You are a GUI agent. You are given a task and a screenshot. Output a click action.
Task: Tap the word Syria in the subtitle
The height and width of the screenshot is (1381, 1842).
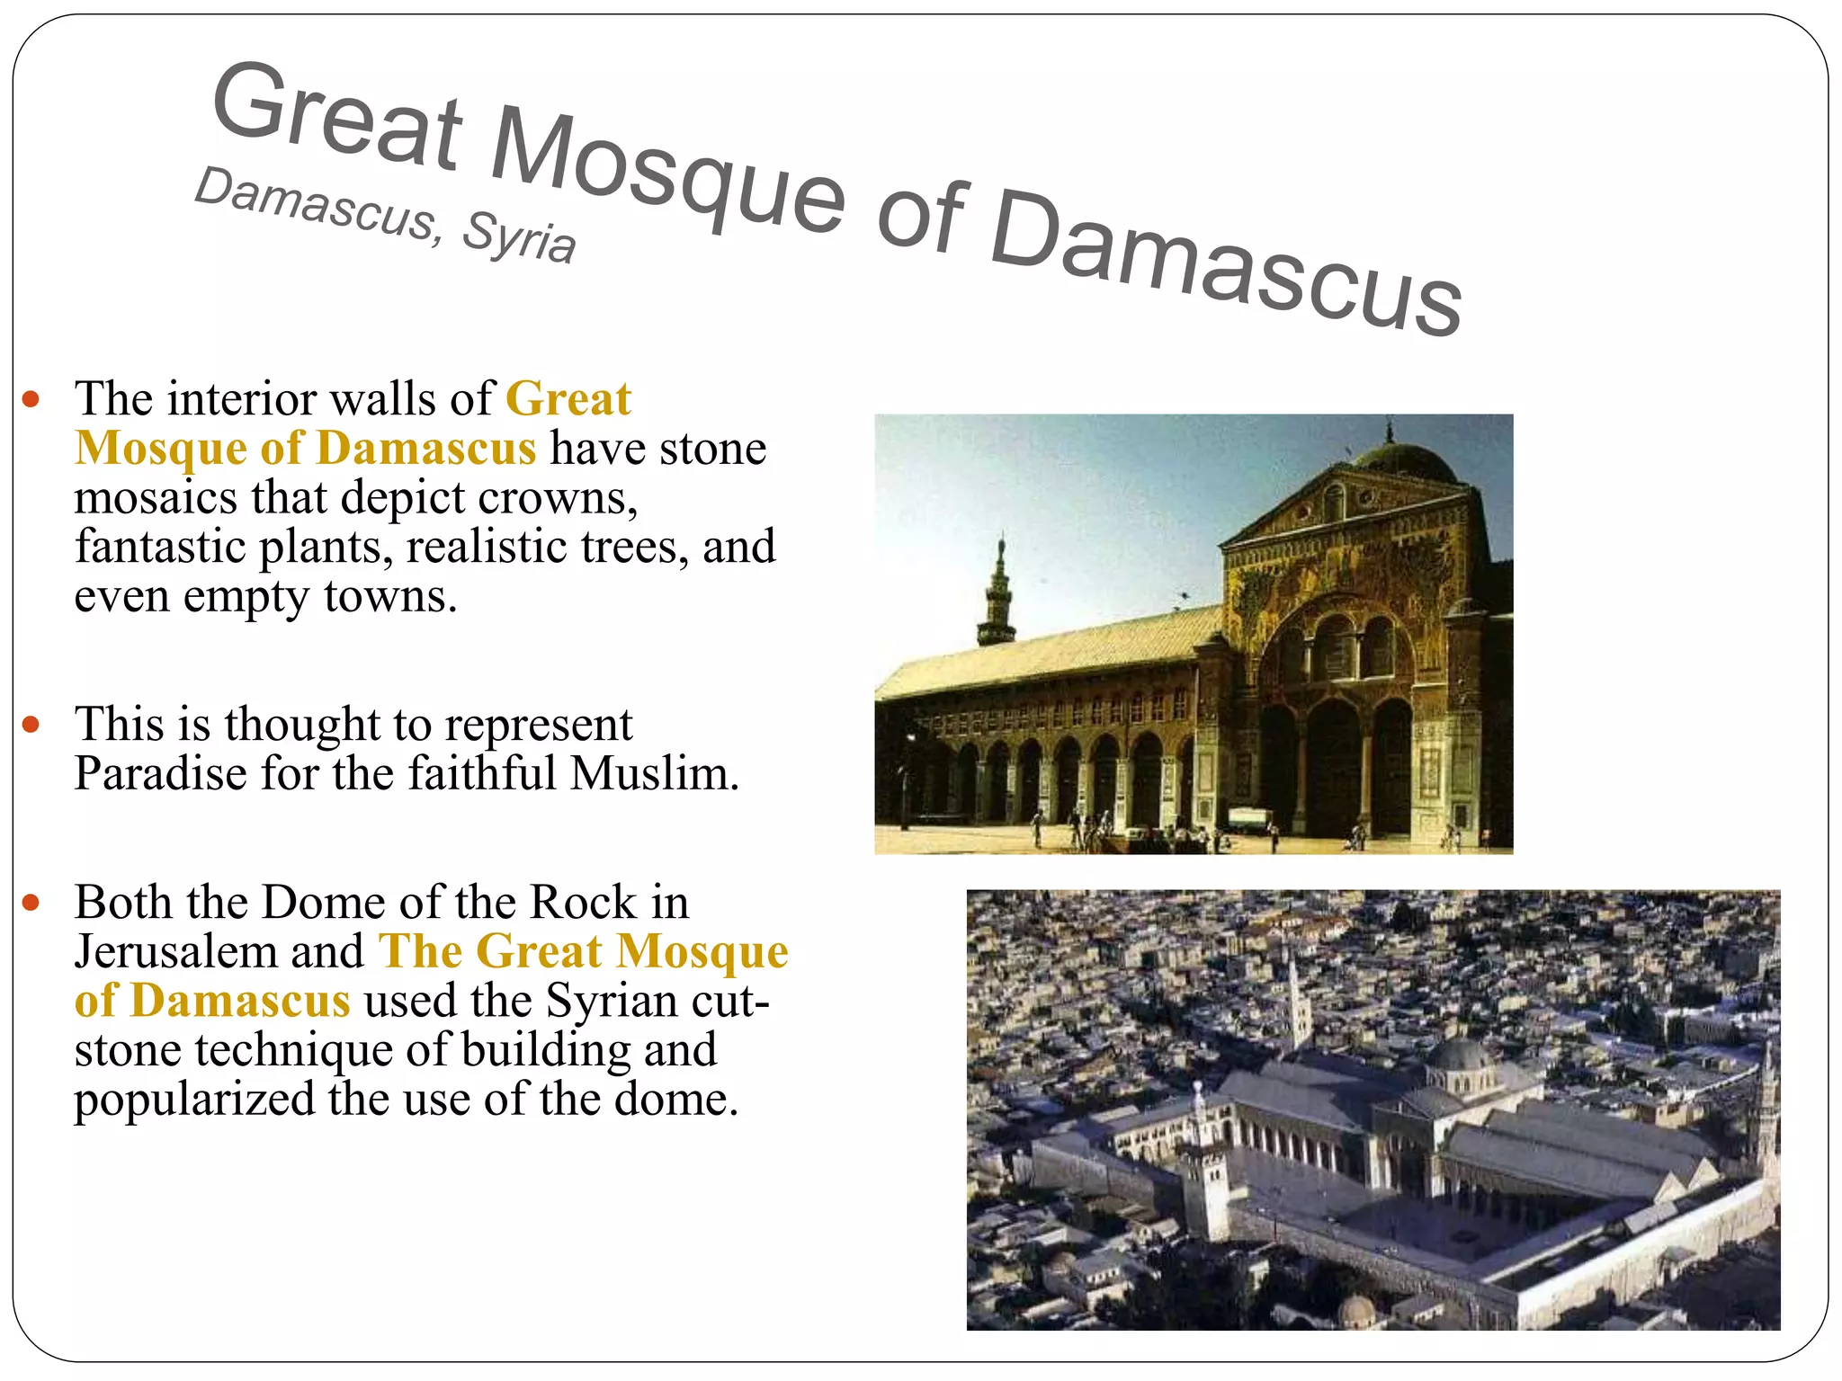coord(519,236)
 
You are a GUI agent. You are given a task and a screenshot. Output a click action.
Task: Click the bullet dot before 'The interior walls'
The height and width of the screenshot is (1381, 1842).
coord(31,399)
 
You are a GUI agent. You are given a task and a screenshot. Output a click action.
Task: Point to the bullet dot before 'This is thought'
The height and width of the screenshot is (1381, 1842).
coord(31,725)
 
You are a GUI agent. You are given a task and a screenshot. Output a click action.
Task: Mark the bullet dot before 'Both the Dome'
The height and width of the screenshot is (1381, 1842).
coord(31,903)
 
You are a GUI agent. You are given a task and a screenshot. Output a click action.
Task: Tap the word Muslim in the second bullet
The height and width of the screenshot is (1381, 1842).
coord(654,773)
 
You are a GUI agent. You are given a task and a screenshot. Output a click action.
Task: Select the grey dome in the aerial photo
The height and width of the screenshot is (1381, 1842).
coord(1461,1057)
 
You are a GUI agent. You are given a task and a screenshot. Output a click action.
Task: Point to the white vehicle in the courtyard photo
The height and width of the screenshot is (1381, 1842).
coord(1248,819)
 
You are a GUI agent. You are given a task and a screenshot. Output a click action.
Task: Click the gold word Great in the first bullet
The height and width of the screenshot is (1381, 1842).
coord(568,399)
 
